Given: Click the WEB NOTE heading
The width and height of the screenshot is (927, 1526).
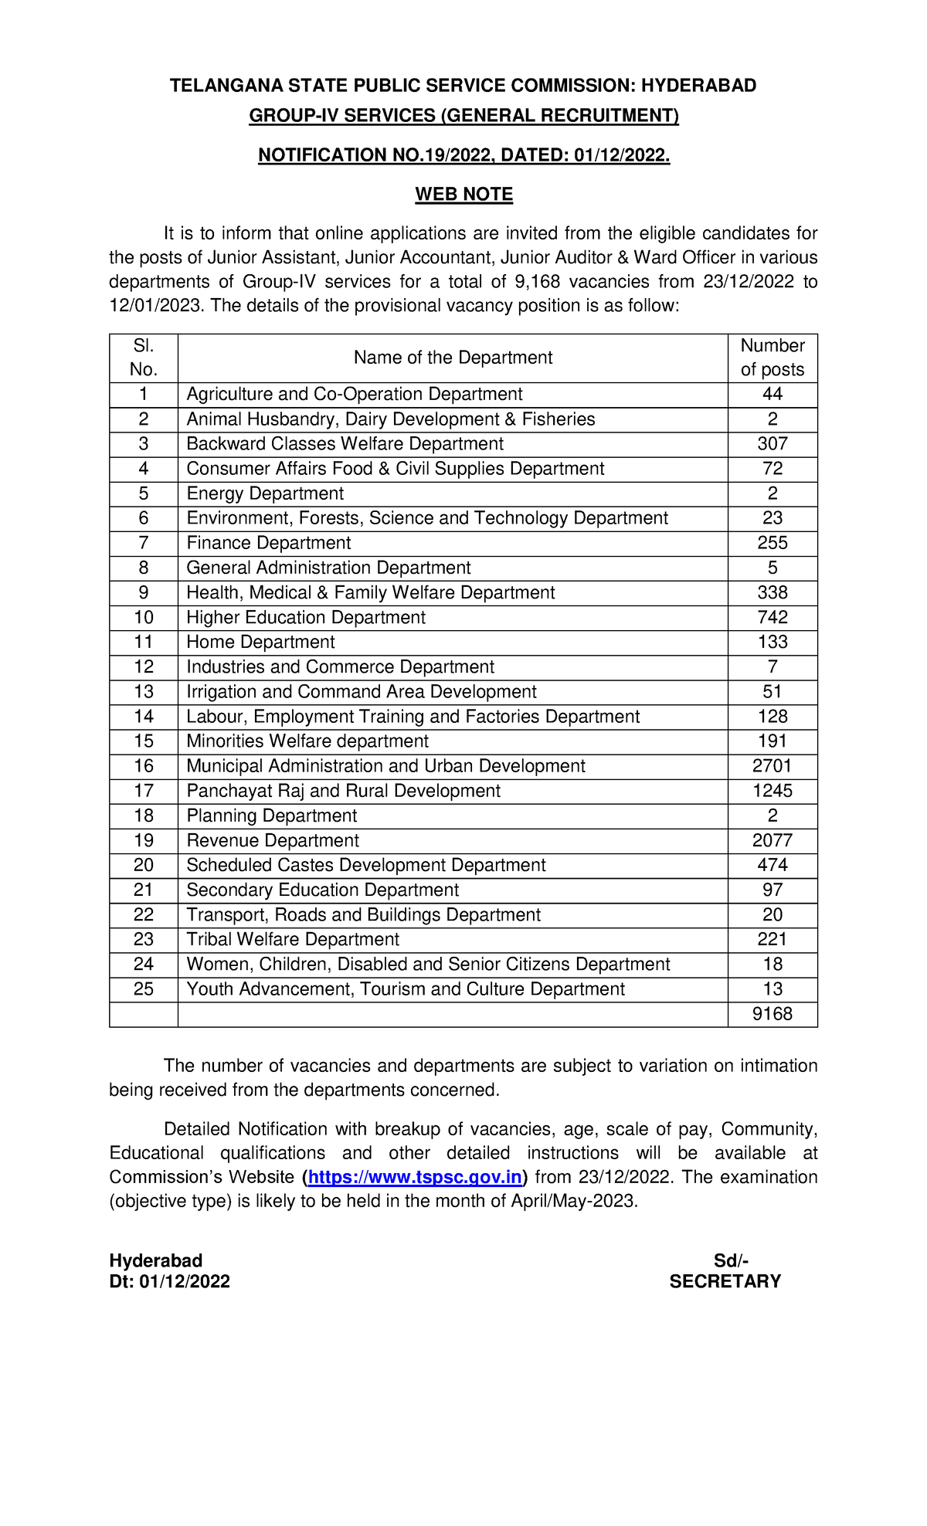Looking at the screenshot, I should coord(463,194).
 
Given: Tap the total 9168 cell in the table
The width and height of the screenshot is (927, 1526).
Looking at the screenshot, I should coord(772,1014).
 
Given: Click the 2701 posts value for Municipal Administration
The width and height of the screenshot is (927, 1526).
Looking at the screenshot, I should coord(772,766).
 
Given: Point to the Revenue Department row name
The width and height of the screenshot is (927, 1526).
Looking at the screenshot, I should coord(273,840).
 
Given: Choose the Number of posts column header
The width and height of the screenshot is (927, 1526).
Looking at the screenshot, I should coord(772,358).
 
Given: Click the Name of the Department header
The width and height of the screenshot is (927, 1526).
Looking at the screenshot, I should coord(453,358).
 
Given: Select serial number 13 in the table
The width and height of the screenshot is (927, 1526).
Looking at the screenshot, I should coord(144,692).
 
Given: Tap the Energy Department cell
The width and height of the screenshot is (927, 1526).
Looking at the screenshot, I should coord(265,493).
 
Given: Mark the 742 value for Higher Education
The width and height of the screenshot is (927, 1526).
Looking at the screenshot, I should coord(772,617).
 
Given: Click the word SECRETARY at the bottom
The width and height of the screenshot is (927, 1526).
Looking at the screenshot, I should coord(725,1282).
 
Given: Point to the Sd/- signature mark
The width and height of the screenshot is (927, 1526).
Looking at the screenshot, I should coord(731,1260).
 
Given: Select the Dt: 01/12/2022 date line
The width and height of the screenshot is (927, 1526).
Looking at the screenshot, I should coord(170,1282).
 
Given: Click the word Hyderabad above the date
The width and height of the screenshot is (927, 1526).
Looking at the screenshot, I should coord(156,1260).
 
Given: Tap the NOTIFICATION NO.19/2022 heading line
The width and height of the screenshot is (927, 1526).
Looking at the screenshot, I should coord(463,155).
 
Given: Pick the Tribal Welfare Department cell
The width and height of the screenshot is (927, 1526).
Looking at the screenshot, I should coord(293,939).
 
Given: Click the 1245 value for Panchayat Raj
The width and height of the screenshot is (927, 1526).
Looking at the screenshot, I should coord(772,791).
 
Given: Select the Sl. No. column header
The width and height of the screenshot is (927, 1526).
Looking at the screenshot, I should coord(144,358).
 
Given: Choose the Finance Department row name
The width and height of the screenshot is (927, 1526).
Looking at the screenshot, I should coord(268,543).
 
